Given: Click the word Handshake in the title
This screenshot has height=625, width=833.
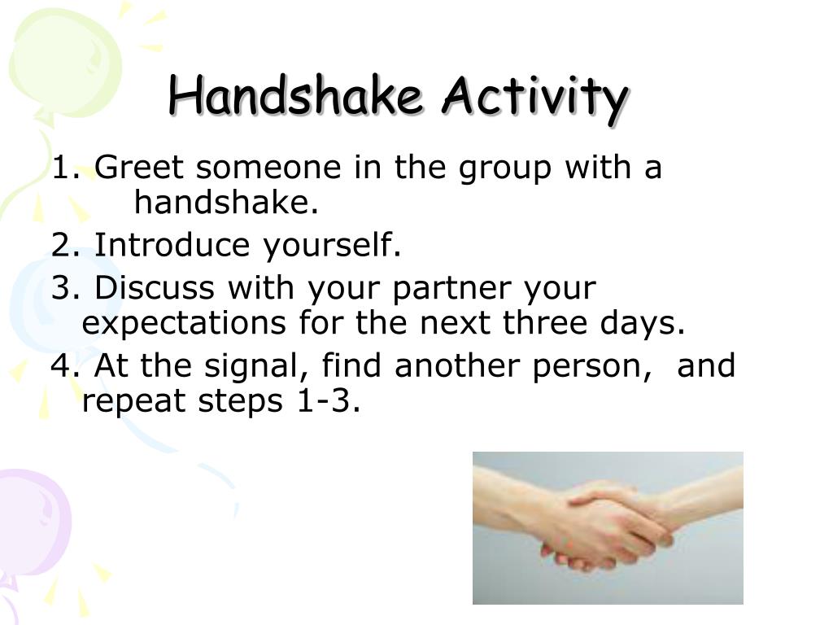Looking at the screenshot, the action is click(x=295, y=95).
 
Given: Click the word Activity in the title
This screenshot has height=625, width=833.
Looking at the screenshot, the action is click(x=535, y=98).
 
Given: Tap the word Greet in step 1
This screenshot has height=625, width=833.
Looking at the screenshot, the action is click(x=138, y=167).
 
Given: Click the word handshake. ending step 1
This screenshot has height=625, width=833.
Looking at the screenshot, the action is click(x=226, y=202).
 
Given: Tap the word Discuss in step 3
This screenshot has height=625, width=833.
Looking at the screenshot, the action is click(x=155, y=287).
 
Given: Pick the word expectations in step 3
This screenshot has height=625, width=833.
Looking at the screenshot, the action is click(x=184, y=324).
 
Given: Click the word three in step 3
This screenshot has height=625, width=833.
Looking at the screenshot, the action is click(x=545, y=322).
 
